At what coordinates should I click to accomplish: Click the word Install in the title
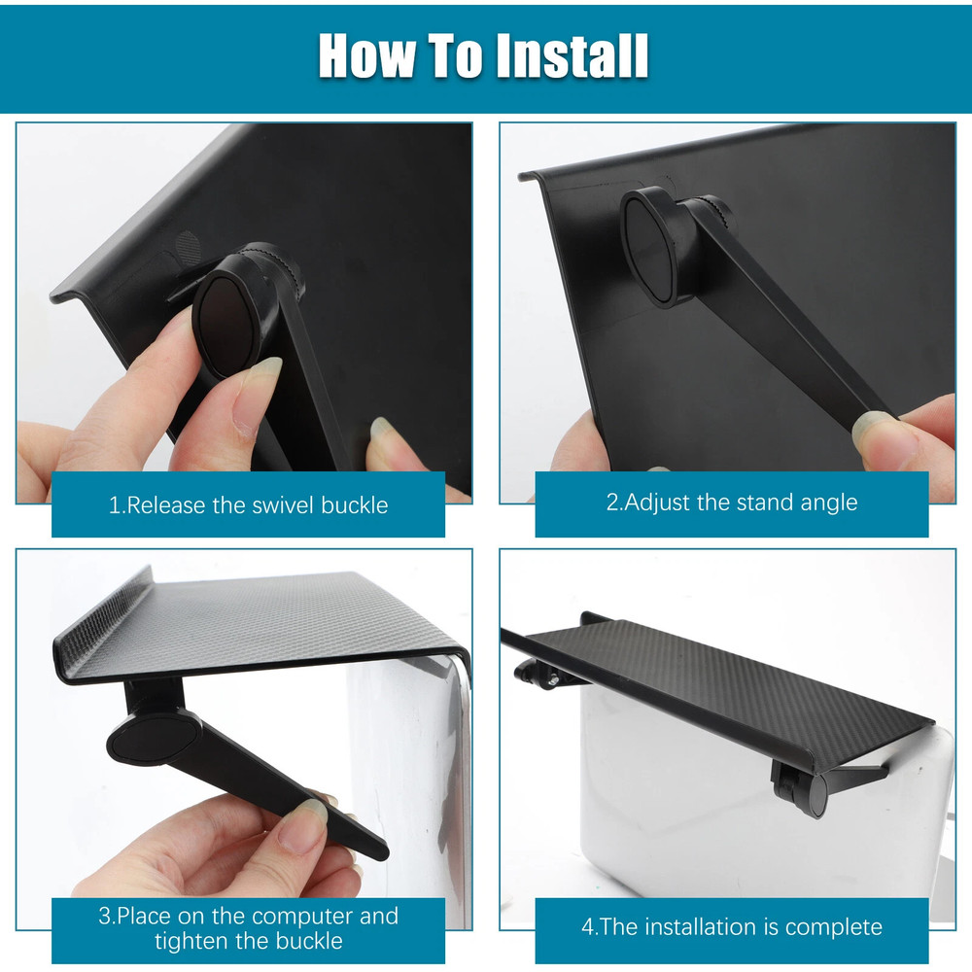(x=572, y=55)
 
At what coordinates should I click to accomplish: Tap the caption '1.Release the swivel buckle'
(x=248, y=505)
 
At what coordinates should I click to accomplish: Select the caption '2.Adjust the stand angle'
(x=731, y=503)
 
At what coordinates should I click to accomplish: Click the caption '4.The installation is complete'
(x=731, y=926)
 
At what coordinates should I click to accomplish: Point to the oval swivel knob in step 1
(x=226, y=324)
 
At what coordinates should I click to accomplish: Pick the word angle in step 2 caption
(x=827, y=503)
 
